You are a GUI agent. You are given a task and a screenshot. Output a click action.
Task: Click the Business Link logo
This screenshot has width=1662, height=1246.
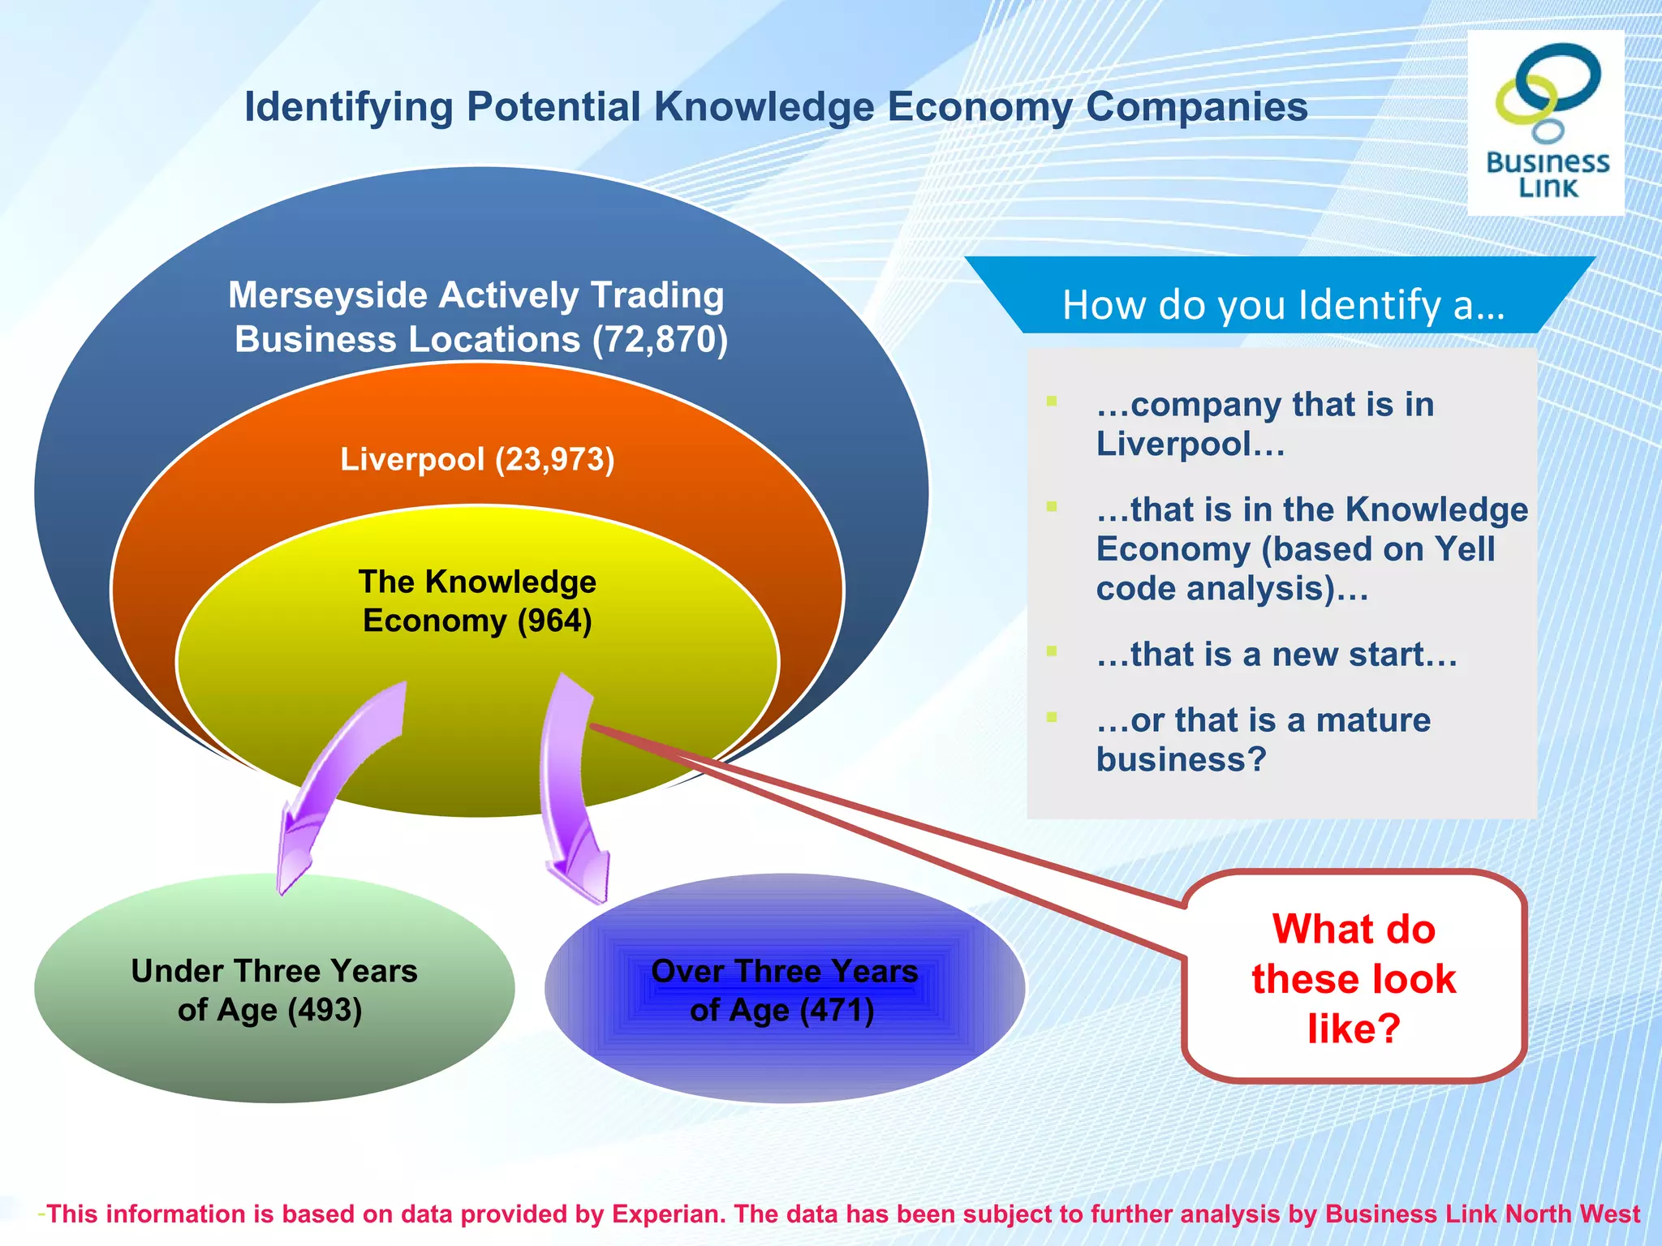[x=1546, y=122]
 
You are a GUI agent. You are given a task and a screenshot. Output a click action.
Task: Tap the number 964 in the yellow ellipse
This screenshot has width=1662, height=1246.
[x=554, y=621]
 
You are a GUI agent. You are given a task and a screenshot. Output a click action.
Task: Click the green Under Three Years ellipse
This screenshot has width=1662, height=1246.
[x=274, y=1055]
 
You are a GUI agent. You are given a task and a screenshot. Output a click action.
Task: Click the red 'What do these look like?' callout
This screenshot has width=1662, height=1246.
[x=1354, y=977]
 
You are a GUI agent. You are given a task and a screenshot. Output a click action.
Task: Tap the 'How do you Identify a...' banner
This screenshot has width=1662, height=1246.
[x=1282, y=305]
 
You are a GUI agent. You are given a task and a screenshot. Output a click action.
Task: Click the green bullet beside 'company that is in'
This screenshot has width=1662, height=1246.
[x=1052, y=401]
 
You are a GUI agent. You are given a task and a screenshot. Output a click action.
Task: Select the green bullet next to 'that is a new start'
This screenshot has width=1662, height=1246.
[x=1052, y=651]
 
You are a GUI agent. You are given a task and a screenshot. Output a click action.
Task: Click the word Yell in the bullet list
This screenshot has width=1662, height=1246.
[x=1464, y=549]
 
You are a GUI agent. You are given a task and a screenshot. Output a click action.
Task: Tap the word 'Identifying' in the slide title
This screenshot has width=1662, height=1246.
[x=349, y=108]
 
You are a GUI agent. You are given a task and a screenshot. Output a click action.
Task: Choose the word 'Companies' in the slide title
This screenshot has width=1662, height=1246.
[x=1196, y=106]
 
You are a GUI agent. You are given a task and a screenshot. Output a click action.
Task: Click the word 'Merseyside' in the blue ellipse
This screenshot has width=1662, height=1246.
[x=328, y=295]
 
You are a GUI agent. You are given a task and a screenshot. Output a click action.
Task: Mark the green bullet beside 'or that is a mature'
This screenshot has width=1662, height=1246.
[x=1052, y=717]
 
